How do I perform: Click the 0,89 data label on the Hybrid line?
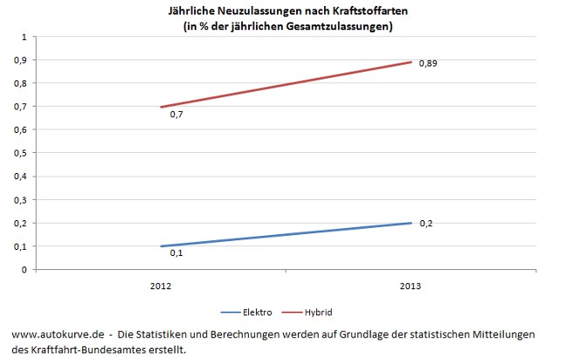point(427,64)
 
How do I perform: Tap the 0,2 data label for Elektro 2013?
point(426,224)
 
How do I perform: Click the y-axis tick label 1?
point(24,38)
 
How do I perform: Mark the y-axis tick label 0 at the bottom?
point(24,270)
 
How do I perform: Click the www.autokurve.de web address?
point(59,335)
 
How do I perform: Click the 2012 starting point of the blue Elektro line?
point(161,246)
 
